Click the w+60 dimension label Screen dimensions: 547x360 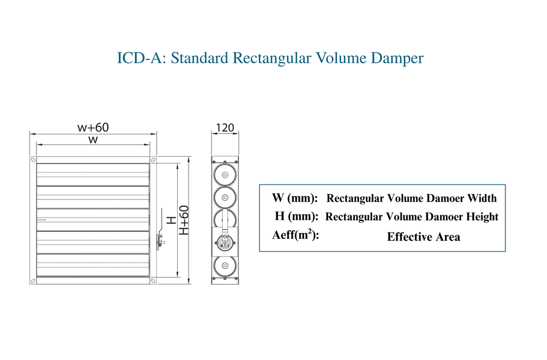pyautogui.click(x=93, y=128)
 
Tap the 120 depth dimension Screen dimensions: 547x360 pyautogui.click(x=225, y=128)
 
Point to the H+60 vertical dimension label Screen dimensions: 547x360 pyautogui.click(x=184, y=220)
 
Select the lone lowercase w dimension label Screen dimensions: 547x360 pyautogui.click(x=93, y=140)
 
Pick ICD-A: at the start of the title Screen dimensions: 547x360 pyautogui.click(x=141, y=58)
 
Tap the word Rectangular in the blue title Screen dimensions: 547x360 pyautogui.click(x=272, y=58)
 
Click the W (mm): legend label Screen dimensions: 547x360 pyautogui.click(x=295, y=198)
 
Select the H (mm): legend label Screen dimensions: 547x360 pyautogui.click(x=296, y=216)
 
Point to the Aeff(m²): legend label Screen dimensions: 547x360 pyautogui.click(x=296, y=235)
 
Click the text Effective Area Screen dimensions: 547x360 pyautogui.click(x=423, y=237)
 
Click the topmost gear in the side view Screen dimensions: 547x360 pyautogui.click(x=225, y=175)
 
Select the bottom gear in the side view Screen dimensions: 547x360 pyautogui.click(x=225, y=266)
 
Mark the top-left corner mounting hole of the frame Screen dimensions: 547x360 pyautogui.click(x=33, y=159)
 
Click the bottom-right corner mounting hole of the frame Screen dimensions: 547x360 pyautogui.click(x=153, y=280)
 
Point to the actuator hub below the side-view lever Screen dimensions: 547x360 pyautogui.click(x=225, y=242)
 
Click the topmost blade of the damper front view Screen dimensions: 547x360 pyautogui.click(x=93, y=174)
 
